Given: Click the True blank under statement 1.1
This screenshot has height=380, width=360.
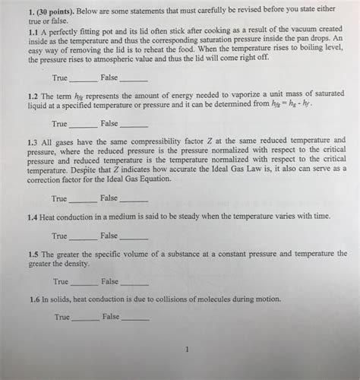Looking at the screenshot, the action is pyautogui.click(x=84, y=79).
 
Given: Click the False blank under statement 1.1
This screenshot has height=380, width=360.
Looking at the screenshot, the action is pyautogui.click(x=134, y=79).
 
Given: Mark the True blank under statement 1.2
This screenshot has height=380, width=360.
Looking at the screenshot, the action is pyautogui.click(x=84, y=124).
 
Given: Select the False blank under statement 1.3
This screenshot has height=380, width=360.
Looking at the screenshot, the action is pyautogui.click(x=134, y=199).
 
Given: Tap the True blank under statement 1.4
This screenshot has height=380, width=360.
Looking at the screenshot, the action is pyautogui.click(x=84, y=236).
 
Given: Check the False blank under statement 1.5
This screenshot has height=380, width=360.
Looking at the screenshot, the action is pyautogui.click(x=135, y=282).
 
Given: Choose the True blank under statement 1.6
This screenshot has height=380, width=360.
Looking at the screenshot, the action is pyautogui.click(x=85, y=318).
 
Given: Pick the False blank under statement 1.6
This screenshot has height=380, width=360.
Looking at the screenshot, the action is pyautogui.click(x=137, y=318).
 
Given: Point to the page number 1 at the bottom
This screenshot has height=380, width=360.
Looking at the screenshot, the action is pyautogui.click(x=185, y=350).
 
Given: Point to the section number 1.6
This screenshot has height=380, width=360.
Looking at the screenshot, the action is pyautogui.click(x=33, y=299).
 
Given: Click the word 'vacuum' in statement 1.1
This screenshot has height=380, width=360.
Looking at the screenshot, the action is pyautogui.click(x=302, y=28).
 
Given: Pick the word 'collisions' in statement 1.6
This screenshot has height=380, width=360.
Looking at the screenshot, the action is pyautogui.click(x=163, y=299).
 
